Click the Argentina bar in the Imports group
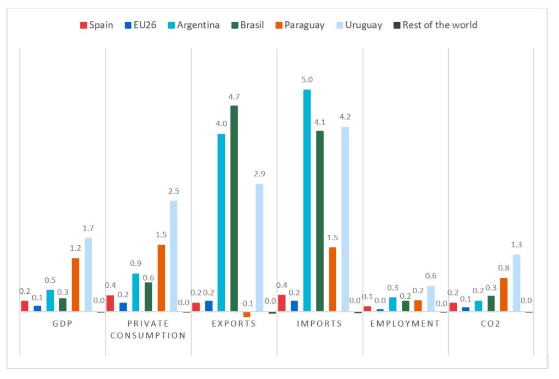pyautogui.click(x=307, y=200)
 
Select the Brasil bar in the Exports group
pyautogui.click(x=234, y=208)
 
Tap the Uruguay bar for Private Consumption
pyautogui.click(x=174, y=256)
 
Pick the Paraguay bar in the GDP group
pyautogui.click(x=75, y=285)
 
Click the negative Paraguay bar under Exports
pyautogui.click(x=247, y=315)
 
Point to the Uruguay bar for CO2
pyautogui.click(x=516, y=283)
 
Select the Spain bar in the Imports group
pyautogui.click(x=282, y=303)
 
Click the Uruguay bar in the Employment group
pyautogui.click(x=431, y=299)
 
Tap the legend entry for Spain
pyautogui.click(x=97, y=25)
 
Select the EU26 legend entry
pyautogui.click(x=140, y=25)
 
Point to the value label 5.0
pyautogui.click(x=307, y=80)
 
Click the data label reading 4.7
pyautogui.click(x=234, y=97)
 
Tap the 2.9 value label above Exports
pyautogui.click(x=259, y=174)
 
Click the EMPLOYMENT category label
pyautogui.click(x=405, y=323)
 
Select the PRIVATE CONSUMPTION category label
pyautogui.click(x=148, y=329)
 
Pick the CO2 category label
pyautogui.click(x=491, y=323)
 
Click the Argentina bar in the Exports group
pyautogui.click(x=221, y=222)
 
